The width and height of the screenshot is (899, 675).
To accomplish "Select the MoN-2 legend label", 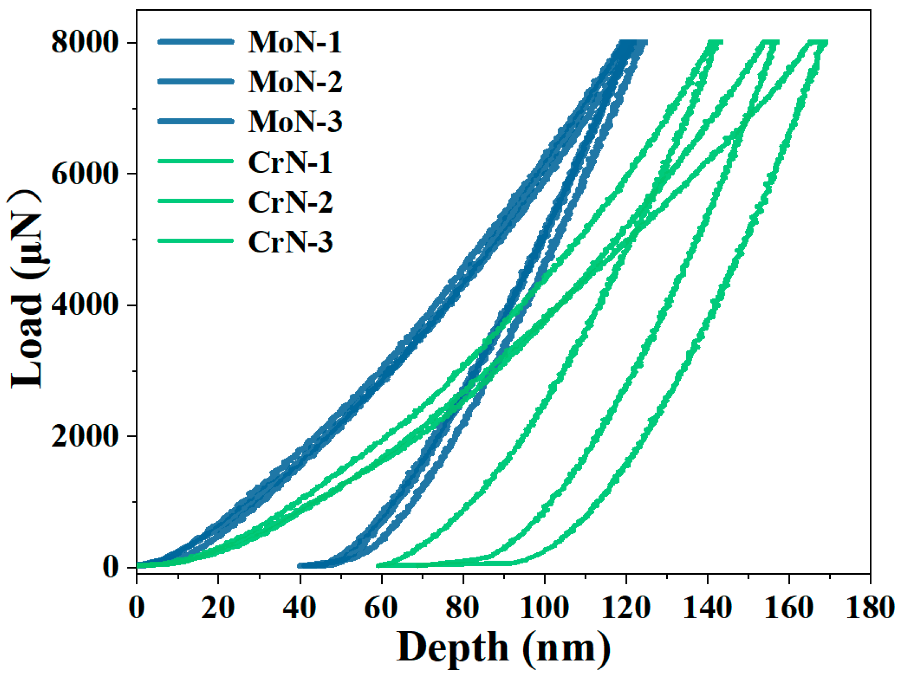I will (x=295, y=82).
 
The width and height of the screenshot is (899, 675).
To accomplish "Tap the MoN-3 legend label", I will (x=295, y=122).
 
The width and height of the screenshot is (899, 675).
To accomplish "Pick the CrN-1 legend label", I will (x=290, y=163).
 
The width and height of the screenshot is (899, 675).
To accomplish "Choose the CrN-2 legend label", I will (x=290, y=202).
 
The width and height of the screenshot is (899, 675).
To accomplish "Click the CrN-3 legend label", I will (x=290, y=242).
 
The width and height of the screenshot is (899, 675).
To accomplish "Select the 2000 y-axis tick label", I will (x=84, y=436).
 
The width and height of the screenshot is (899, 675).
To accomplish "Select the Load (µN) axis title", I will (x=27, y=289).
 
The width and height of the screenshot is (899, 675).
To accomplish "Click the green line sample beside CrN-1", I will (x=195, y=161).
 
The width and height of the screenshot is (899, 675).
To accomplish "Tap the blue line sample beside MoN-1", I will (x=195, y=41).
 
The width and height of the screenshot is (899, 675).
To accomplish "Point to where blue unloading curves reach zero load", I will (x=309, y=565).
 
